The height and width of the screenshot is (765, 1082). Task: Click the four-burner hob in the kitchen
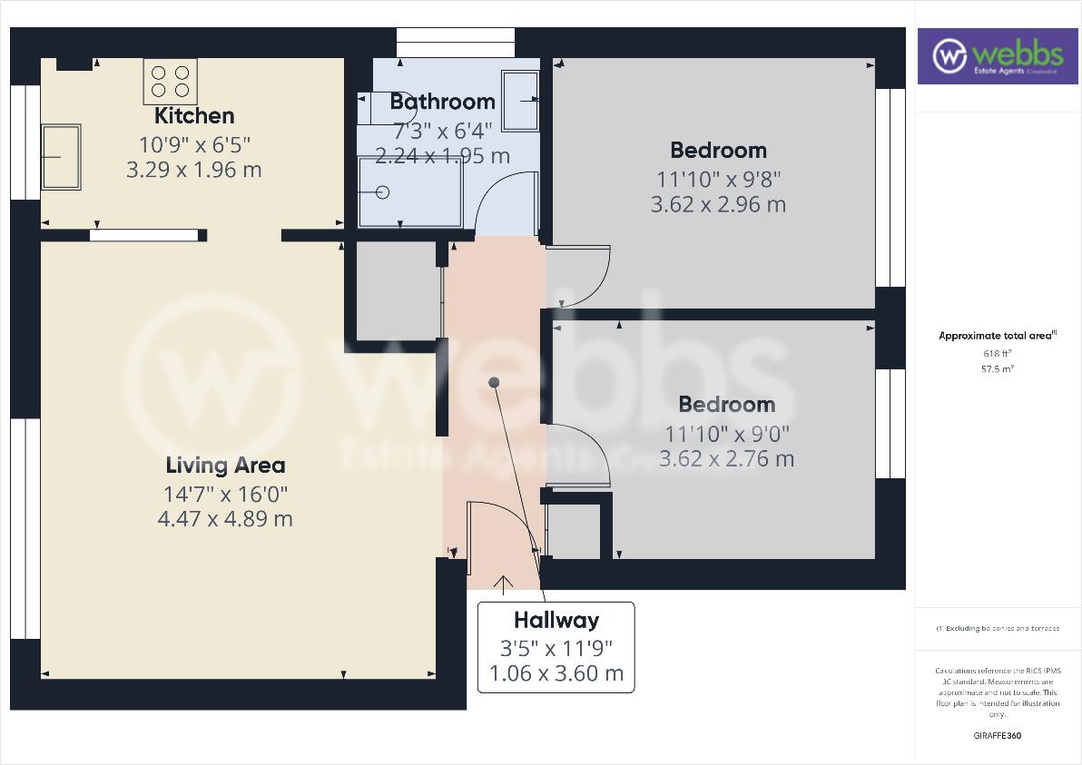[x=170, y=82]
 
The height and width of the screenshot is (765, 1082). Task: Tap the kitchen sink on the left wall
[x=62, y=157]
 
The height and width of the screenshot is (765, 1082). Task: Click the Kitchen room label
[x=194, y=116]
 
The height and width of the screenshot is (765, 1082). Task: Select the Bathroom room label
[x=442, y=102]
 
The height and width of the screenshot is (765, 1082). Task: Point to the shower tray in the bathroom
[x=409, y=192]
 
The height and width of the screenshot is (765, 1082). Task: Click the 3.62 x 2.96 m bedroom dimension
[x=718, y=205]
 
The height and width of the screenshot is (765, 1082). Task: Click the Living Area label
[x=225, y=466]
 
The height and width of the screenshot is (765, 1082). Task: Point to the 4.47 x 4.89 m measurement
[x=225, y=519]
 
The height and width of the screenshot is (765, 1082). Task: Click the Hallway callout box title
[x=556, y=621]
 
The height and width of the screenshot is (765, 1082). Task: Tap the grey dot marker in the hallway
[x=494, y=383]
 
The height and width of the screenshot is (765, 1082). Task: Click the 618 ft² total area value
[x=997, y=354]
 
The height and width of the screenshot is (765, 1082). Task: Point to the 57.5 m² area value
[x=997, y=369]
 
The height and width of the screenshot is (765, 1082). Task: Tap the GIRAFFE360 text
[x=997, y=736]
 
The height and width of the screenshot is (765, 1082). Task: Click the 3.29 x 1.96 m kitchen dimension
[x=194, y=170]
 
